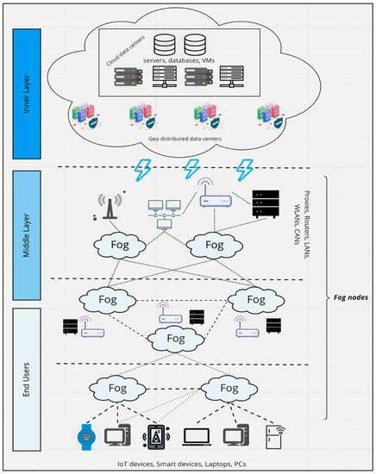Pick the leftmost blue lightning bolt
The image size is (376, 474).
click(138, 170)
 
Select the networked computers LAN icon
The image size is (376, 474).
click(161, 210)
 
